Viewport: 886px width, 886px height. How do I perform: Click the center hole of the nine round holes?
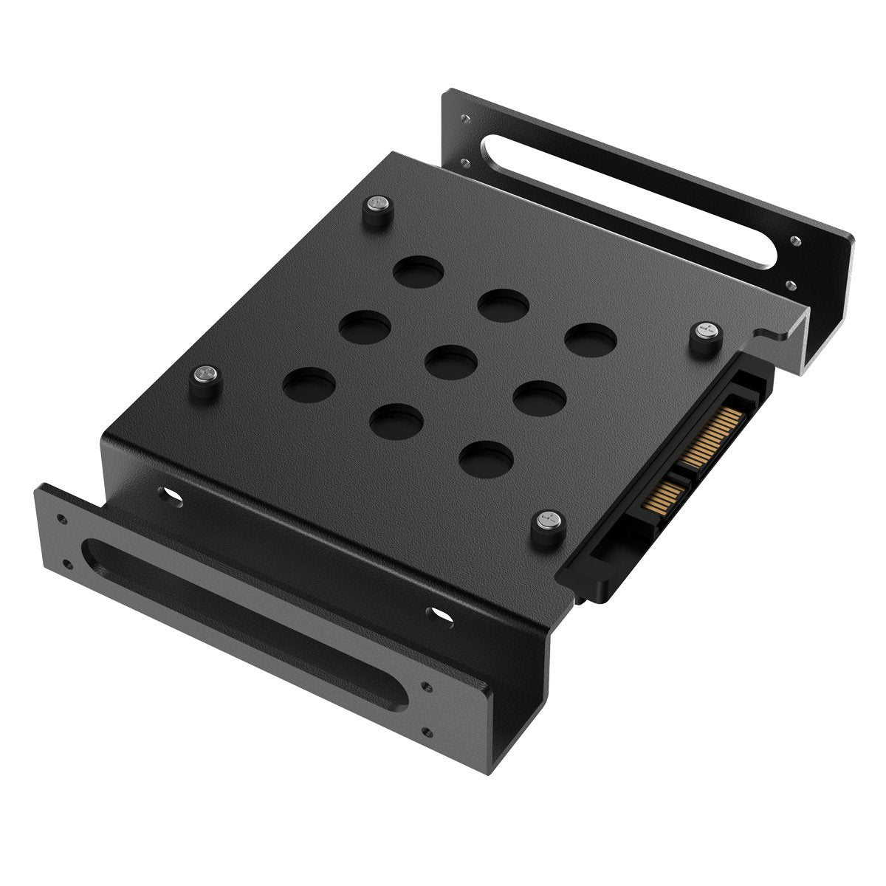tap(452, 359)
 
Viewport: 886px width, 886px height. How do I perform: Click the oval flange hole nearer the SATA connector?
tap(441, 614)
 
